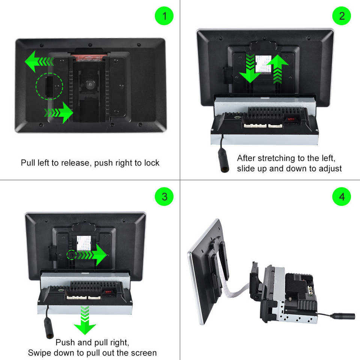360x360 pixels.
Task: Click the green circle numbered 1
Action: coord(164,16)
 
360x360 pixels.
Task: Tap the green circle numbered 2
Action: coord(341,16)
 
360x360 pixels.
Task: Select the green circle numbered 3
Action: coord(164,196)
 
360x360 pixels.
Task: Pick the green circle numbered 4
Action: coord(341,196)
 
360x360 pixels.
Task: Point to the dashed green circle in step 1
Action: coord(49,86)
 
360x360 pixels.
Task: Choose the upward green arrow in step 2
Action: coord(278,68)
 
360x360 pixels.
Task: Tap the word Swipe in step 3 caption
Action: coord(39,352)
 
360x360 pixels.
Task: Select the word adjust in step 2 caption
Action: coord(329,168)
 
